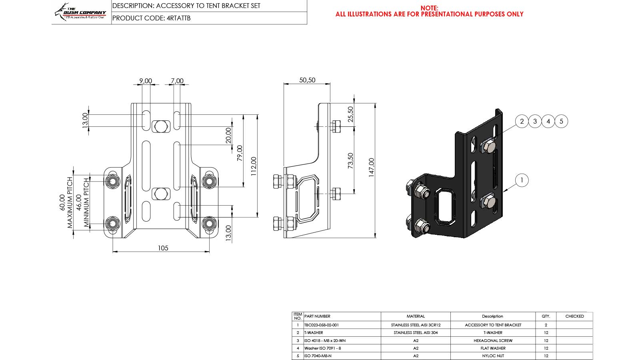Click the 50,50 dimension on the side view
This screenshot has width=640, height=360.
click(307, 80)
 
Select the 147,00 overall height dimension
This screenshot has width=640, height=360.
click(372, 168)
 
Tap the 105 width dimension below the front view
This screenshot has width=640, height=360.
click(163, 248)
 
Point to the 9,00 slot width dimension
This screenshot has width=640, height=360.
click(146, 81)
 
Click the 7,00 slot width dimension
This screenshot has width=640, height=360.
click(177, 81)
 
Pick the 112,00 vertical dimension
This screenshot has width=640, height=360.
click(254, 166)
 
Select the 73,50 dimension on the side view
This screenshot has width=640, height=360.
click(350, 160)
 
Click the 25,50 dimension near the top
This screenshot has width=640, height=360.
click(350, 114)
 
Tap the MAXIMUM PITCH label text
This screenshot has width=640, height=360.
click(70, 202)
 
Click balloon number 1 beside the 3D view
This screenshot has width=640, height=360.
click(522, 180)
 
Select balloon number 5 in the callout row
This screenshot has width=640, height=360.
click(561, 121)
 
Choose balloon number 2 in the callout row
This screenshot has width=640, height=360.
click(522, 121)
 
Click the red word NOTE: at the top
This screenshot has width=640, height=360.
click(429, 8)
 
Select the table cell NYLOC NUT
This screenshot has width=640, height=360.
click(493, 356)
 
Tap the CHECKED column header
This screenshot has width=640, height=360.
click(574, 316)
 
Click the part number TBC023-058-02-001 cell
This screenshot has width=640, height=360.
click(322, 325)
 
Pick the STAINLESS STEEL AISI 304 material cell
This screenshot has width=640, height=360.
click(416, 332)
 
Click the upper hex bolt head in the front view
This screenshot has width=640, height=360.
click(161, 126)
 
